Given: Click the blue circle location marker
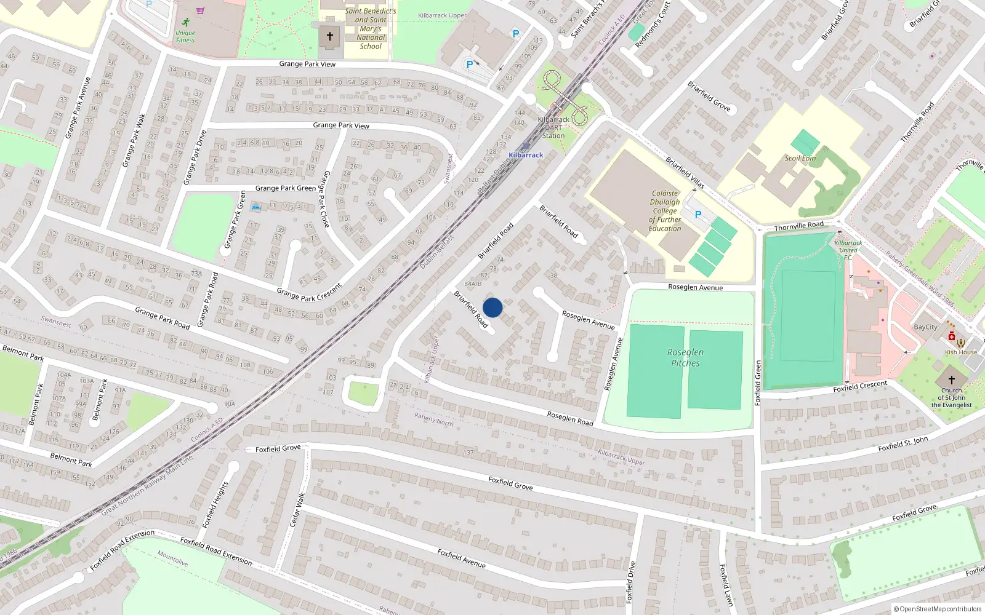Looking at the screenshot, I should (x=492, y=307).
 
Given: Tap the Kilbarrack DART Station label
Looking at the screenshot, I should (x=553, y=127).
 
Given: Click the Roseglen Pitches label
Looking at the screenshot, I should (x=685, y=357).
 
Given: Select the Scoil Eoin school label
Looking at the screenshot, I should (x=800, y=158).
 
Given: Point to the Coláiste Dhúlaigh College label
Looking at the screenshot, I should (x=665, y=210).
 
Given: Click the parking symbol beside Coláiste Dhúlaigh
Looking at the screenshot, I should (x=698, y=215).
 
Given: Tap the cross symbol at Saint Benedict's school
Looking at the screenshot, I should (x=329, y=36).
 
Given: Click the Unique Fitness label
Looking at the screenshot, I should (x=185, y=36).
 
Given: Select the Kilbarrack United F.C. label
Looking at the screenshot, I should (x=848, y=250).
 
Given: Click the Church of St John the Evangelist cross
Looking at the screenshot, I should (x=951, y=379).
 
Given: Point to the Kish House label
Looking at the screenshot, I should (x=961, y=352).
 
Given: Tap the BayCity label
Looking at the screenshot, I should (x=925, y=327).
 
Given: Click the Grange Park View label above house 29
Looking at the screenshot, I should (x=341, y=125).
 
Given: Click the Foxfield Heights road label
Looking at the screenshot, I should (x=215, y=504).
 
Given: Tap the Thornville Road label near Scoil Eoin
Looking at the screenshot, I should (x=798, y=226).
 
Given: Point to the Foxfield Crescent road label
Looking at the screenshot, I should (x=860, y=386).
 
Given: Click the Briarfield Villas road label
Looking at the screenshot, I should (x=685, y=172).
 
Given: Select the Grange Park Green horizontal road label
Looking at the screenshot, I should (x=286, y=188).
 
